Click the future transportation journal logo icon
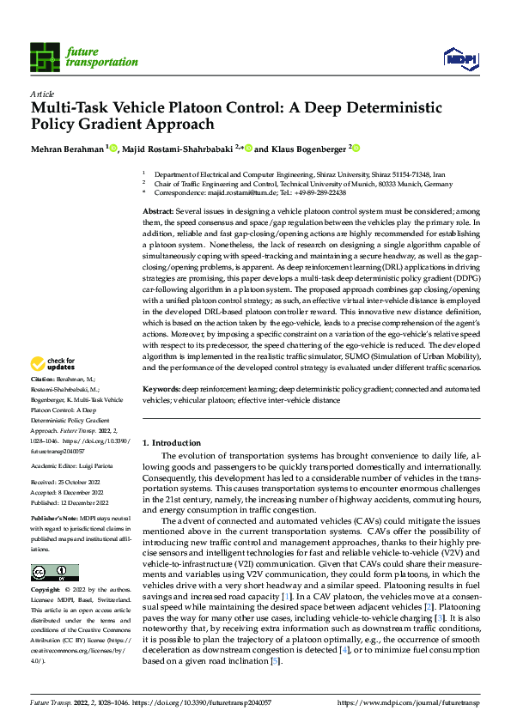pyautogui.click(x=46, y=57)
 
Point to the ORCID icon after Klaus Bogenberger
pyautogui.click(x=354, y=147)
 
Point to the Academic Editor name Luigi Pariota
pyautogui.click(x=104, y=465)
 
